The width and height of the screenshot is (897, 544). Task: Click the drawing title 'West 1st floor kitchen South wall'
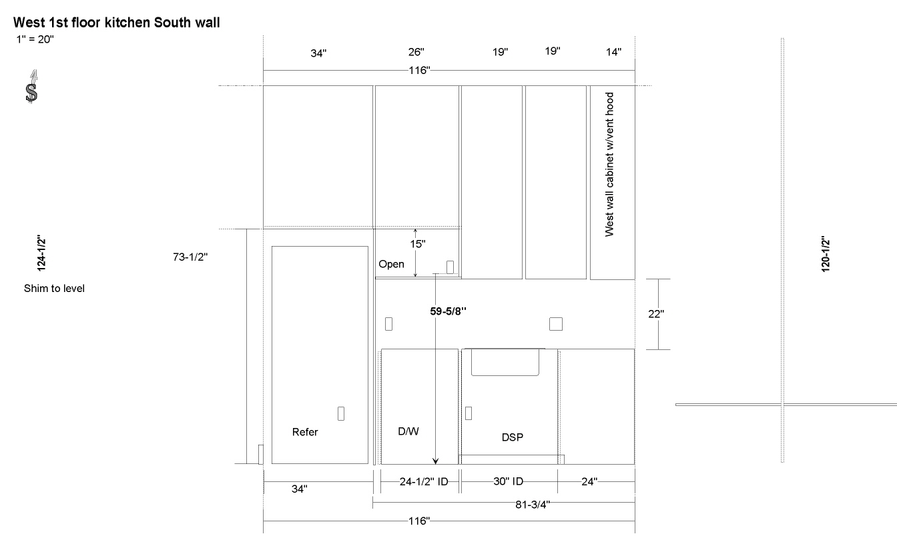117,23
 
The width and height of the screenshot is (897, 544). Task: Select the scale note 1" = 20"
35,39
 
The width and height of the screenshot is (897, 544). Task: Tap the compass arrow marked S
31,87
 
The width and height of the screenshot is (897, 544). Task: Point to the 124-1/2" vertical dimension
41,253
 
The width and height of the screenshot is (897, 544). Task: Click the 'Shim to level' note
54,289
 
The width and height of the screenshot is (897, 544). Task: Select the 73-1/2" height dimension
190,257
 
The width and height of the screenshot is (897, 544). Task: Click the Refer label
305,432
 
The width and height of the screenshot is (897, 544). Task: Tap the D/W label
408,431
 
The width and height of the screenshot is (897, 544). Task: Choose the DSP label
512,437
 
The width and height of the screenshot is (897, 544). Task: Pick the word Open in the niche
391,265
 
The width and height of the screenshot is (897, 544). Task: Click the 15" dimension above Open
418,244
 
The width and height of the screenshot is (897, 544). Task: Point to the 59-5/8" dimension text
448,311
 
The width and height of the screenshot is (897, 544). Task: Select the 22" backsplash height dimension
656,314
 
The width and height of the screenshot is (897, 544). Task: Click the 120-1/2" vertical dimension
826,254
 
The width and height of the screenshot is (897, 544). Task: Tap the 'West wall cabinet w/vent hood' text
609,165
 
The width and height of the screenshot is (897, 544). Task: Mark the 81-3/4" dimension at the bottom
533,505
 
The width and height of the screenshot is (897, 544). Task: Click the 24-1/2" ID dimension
424,481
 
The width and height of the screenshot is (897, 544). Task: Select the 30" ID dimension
508,481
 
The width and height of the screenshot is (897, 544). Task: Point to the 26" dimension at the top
416,52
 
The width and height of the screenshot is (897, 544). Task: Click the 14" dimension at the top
613,52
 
